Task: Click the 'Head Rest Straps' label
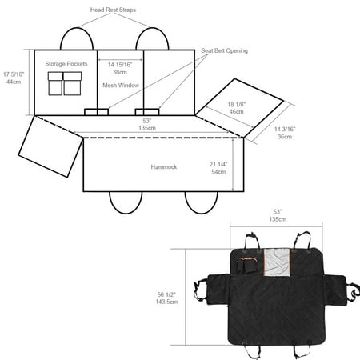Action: tap(113, 10)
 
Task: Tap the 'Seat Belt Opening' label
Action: tap(224, 50)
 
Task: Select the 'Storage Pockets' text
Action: tap(66, 64)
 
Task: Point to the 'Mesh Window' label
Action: tap(121, 86)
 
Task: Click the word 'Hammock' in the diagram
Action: tap(164, 167)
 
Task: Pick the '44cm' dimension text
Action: tap(14, 82)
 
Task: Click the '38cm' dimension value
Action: tap(120, 72)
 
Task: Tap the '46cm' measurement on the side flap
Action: tap(236, 112)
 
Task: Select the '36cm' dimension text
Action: tap(285, 137)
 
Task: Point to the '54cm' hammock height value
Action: tap(218, 172)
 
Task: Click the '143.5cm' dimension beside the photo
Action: tap(166, 302)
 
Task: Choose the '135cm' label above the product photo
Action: tap(278, 219)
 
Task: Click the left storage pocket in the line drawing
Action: tap(55, 83)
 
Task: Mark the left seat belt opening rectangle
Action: tap(96, 112)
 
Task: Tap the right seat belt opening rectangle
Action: tap(147, 112)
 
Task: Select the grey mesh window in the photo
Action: tap(277, 262)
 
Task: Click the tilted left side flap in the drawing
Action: tap(50, 146)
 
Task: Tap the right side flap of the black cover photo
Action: tap(335, 290)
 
